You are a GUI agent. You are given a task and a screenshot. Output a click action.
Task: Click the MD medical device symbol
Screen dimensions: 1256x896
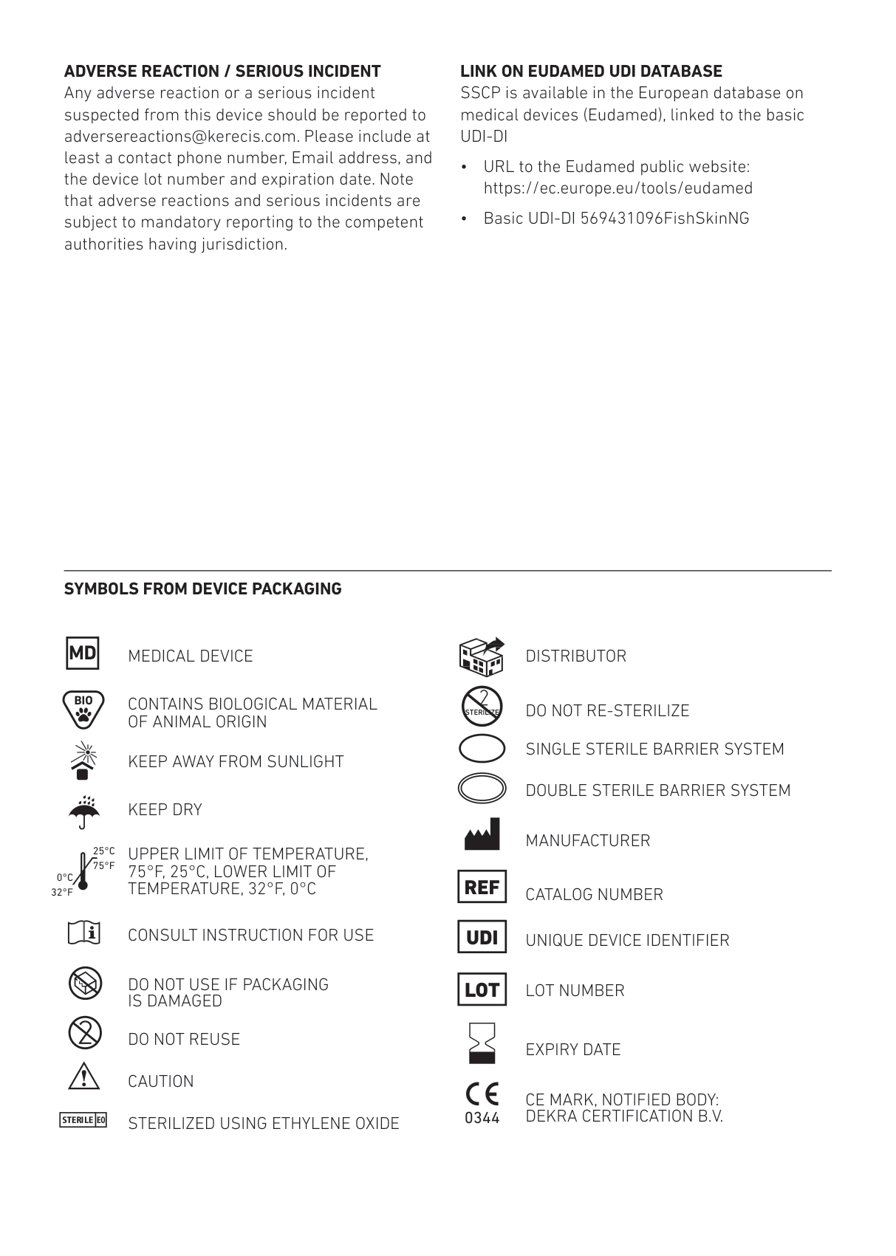coord(83,653)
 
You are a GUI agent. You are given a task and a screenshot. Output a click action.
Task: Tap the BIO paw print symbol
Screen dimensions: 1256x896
coord(83,710)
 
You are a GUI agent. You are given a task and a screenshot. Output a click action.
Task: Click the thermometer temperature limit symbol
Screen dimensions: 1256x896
coord(83,871)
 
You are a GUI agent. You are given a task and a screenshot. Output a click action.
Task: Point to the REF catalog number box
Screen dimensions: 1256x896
coord(482,888)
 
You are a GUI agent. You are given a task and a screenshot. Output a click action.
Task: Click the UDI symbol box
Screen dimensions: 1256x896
coord(482,937)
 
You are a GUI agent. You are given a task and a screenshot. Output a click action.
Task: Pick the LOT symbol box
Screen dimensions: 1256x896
coord(482,989)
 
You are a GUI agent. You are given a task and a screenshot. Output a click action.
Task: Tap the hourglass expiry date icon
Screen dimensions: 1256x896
coord(482,1043)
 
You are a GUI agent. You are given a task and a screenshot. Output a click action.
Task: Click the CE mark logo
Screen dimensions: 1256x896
coord(482,1094)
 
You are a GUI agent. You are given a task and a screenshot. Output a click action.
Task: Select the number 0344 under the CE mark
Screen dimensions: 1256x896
coord(482,1118)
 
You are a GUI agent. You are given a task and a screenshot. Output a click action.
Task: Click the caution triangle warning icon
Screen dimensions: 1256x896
coord(83,1077)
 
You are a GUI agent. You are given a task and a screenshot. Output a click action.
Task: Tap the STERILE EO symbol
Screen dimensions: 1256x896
coord(83,1120)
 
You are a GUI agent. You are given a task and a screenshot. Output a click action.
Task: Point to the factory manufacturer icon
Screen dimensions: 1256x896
coord(482,834)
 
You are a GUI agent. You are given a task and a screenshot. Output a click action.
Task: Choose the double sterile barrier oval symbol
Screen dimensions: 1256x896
coord(482,788)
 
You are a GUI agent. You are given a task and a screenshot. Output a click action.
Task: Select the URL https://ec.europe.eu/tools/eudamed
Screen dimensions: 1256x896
coord(618,188)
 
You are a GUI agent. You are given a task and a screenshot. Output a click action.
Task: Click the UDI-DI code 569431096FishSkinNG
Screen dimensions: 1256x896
coord(664,219)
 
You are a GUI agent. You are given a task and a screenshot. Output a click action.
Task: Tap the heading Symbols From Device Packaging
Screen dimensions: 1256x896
coord(202,589)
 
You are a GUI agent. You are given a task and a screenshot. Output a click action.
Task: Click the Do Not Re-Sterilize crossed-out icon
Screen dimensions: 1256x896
coord(482,707)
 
